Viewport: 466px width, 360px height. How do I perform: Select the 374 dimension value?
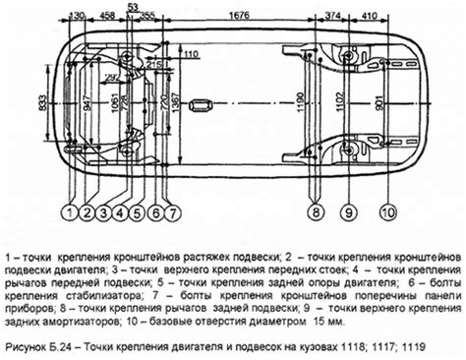(333, 16)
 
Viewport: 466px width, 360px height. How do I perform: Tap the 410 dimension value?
(369, 16)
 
